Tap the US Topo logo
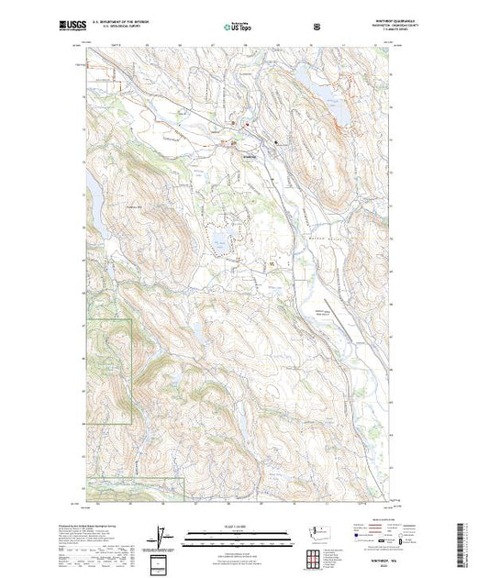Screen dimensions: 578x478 tap(239, 27)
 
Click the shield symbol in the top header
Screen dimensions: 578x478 tap(317, 27)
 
